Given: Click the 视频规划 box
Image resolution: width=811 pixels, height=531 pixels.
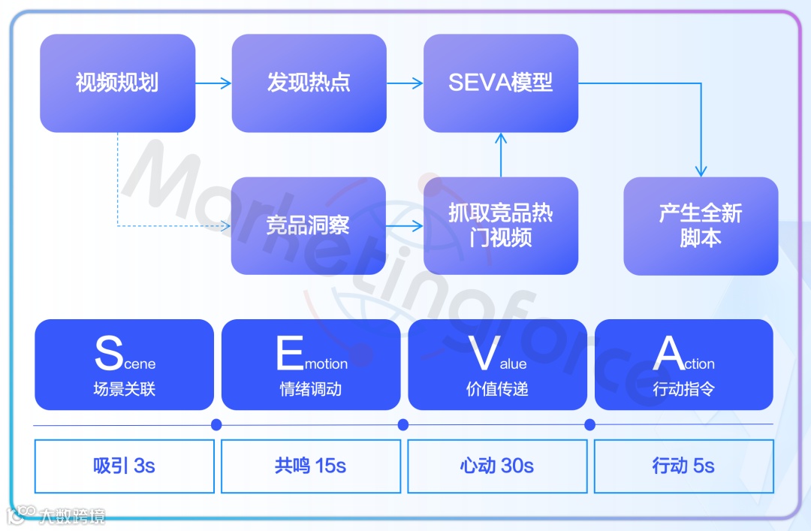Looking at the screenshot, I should pyautogui.click(x=117, y=83).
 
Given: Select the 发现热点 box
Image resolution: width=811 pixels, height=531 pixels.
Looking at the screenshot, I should pyautogui.click(x=309, y=83).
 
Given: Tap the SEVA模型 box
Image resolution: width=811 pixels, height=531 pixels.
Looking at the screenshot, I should pyautogui.click(x=501, y=83).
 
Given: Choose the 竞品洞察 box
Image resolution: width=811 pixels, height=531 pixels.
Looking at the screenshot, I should pyautogui.click(x=309, y=225).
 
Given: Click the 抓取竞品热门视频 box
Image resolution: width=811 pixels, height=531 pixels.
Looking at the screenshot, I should pyautogui.click(x=501, y=225).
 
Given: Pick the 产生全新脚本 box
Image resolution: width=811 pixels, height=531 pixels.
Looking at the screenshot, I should pyautogui.click(x=701, y=225).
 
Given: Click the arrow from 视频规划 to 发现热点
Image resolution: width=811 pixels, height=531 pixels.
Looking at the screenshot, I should pyautogui.click(x=214, y=83).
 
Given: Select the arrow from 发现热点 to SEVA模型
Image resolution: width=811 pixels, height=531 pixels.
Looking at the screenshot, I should pyautogui.click(x=405, y=83).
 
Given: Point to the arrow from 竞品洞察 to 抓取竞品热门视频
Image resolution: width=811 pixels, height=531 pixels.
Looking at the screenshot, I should pyautogui.click(x=405, y=225).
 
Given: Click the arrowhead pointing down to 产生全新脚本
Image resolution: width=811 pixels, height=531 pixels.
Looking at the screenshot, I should pyautogui.click(x=701, y=170).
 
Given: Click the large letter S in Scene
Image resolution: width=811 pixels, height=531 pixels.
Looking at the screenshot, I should pyautogui.click(x=109, y=353).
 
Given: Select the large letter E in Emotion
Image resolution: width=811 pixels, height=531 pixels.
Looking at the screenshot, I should pyautogui.click(x=290, y=353).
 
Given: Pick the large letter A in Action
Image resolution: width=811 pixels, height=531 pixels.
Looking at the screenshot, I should pyautogui.click(x=668, y=353).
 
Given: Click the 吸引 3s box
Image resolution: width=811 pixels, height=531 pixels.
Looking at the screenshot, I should pyautogui.click(x=125, y=466).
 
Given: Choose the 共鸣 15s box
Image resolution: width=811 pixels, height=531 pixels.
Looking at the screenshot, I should pyautogui.click(x=311, y=466).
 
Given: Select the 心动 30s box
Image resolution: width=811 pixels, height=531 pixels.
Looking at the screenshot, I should pyautogui.click(x=497, y=466).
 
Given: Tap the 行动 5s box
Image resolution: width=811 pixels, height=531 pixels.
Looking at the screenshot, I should pyautogui.click(x=683, y=466).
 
